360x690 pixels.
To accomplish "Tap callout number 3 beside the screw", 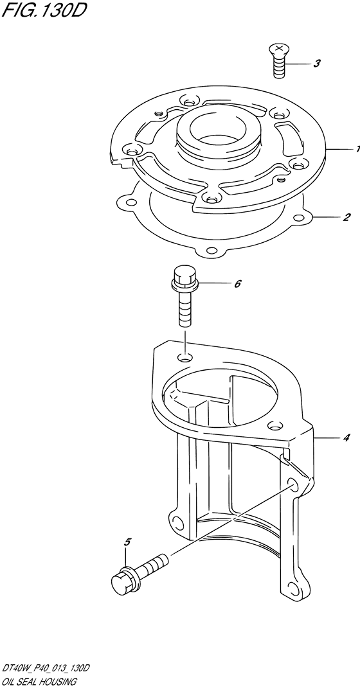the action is pos(317,64).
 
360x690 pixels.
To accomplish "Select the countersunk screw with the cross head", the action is pos(278,61).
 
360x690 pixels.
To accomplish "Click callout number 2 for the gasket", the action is pos(346,217).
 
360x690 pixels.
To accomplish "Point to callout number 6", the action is pos(238,284).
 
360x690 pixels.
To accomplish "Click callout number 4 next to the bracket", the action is pos(346,438).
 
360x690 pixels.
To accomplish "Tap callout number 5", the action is pos(128,543).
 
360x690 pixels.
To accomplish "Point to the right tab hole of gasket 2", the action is pos(300,217).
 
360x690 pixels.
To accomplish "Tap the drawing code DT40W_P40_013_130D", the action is pos(46,669).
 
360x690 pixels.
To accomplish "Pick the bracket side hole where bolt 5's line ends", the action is pos(292,485).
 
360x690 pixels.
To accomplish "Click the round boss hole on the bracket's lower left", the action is pos(178,523).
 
